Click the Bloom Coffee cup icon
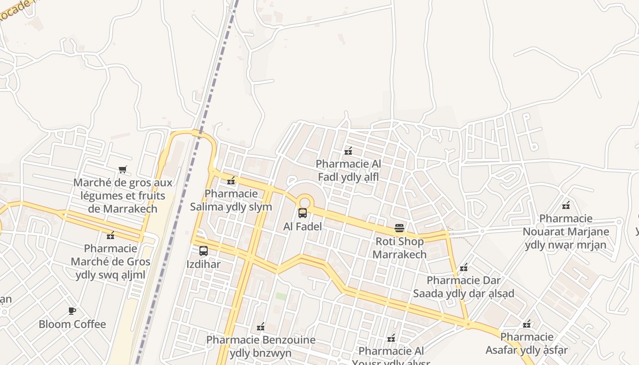[x=72, y=311]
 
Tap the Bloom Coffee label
[x=72, y=324]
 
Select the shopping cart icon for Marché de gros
[x=122, y=170]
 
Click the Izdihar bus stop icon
[x=204, y=251]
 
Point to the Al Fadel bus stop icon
[x=303, y=213]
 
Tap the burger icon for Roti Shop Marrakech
[x=399, y=228]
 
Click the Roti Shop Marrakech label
[x=399, y=248]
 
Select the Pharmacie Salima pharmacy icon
[x=231, y=181]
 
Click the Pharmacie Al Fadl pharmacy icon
[x=348, y=151]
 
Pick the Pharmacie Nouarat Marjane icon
[x=566, y=205]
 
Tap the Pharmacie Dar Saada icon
[x=464, y=267]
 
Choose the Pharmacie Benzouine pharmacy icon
[x=261, y=327]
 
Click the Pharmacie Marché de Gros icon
[x=110, y=235]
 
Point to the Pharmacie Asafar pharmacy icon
[x=527, y=324]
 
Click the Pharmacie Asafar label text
[x=527, y=344]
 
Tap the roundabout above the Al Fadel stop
[x=305, y=201]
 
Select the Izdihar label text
[x=204, y=264]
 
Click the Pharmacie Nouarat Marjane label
[x=566, y=231]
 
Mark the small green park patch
[x=281, y=296]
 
